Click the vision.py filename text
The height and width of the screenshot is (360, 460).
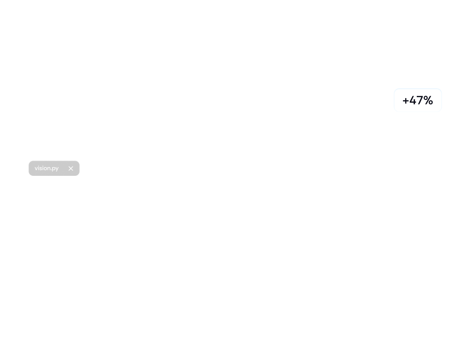click(46, 168)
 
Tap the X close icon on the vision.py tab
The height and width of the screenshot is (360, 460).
click(71, 168)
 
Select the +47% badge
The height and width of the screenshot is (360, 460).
click(418, 100)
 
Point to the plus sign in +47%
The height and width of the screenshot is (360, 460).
click(405, 101)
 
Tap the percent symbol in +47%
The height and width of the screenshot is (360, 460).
click(428, 100)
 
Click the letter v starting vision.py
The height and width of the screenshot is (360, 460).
click(36, 168)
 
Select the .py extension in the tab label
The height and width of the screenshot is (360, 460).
click(54, 169)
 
